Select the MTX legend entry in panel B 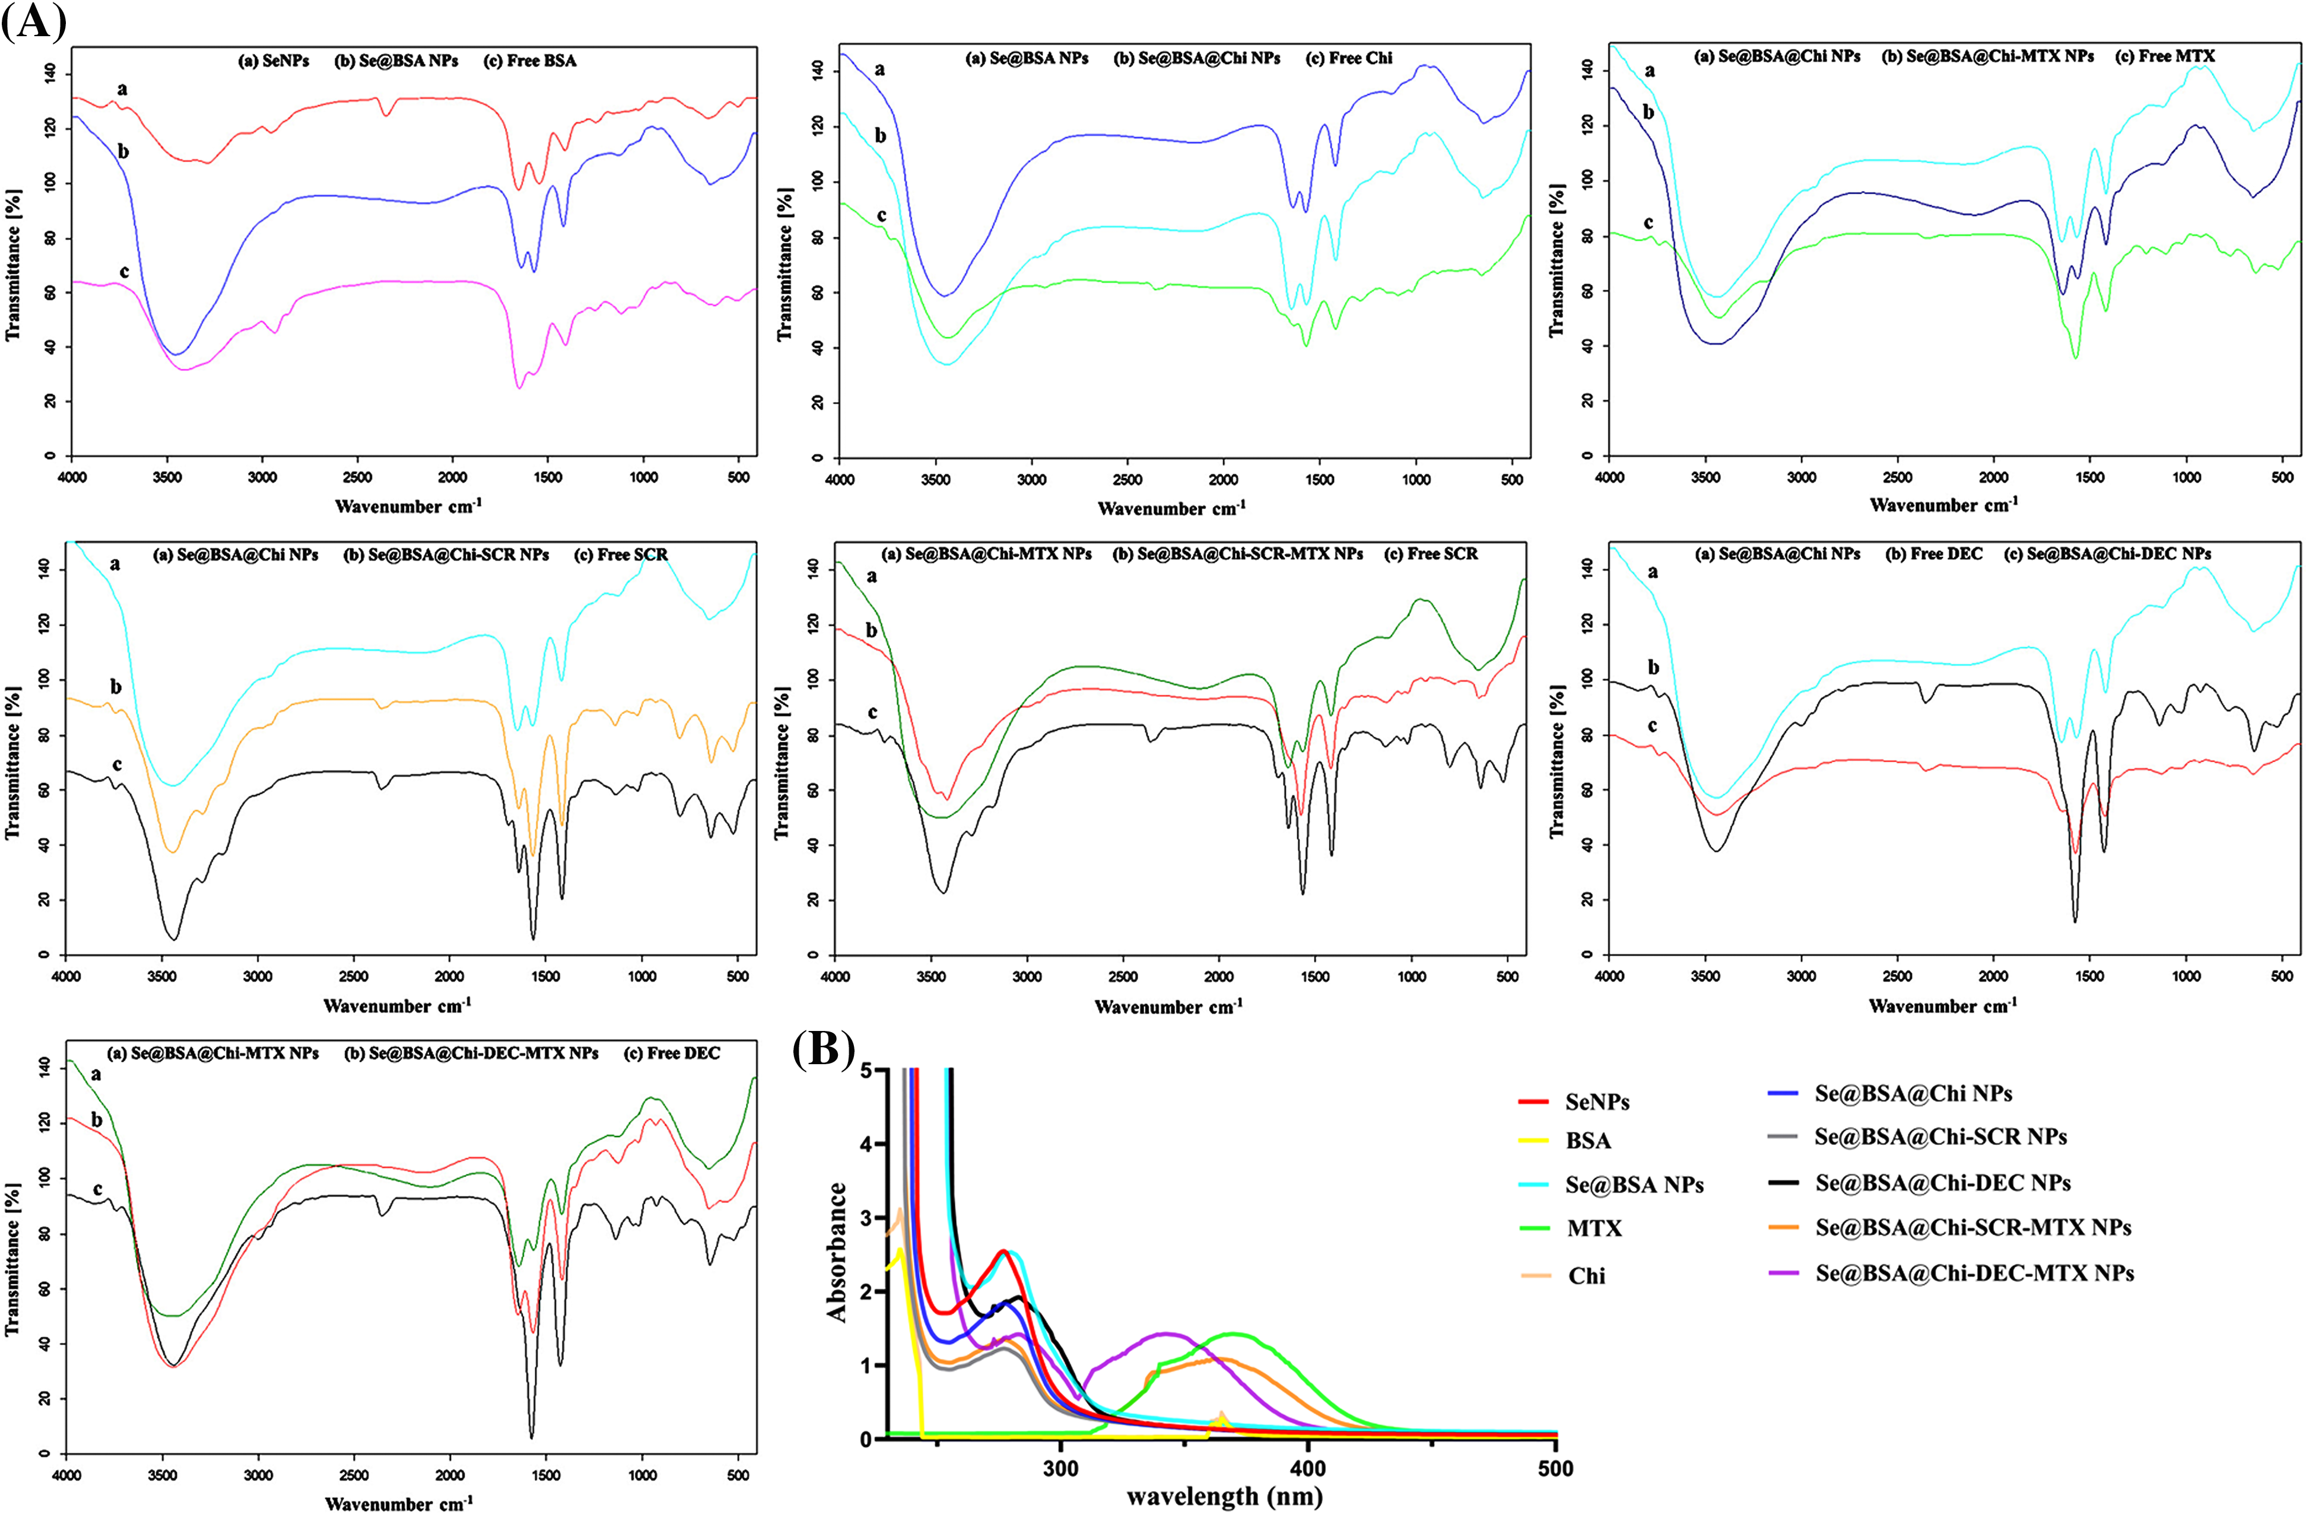[x=1594, y=1228]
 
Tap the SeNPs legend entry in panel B [x=1597, y=1102]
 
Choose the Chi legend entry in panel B [x=1586, y=1276]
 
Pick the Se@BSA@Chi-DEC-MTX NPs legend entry [x=1974, y=1273]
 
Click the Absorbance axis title [x=837, y=1252]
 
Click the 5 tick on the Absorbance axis [x=866, y=1070]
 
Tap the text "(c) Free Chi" [x=1349, y=58]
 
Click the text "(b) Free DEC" [x=1934, y=554]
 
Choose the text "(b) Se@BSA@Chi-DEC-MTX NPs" [x=471, y=1053]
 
